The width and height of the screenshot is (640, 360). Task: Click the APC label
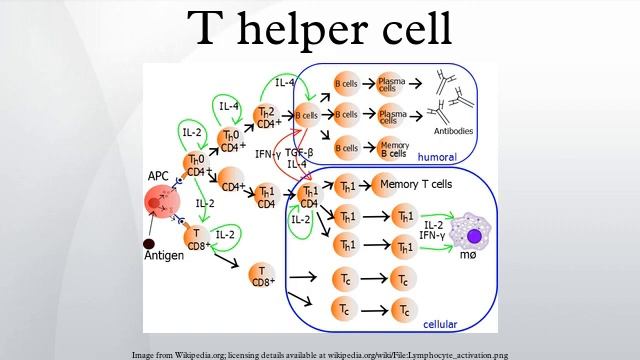click(x=158, y=176)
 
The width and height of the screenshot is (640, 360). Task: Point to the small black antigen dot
click(x=149, y=243)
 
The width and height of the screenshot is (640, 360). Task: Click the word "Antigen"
click(x=163, y=257)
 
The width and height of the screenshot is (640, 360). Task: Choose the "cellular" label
click(x=444, y=325)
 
